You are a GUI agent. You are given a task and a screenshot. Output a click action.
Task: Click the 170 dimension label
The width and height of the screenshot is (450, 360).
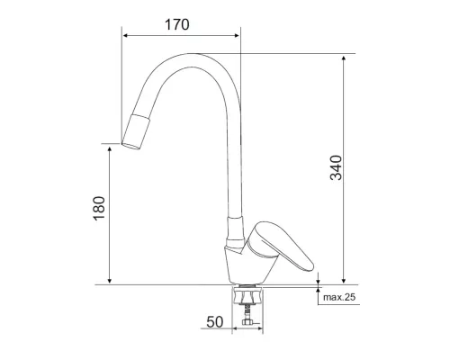tap(177, 25)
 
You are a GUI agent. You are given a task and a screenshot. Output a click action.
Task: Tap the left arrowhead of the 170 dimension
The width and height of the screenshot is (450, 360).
tap(125, 36)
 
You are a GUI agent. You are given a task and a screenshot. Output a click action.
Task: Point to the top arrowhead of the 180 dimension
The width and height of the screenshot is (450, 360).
tap(109, 146)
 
